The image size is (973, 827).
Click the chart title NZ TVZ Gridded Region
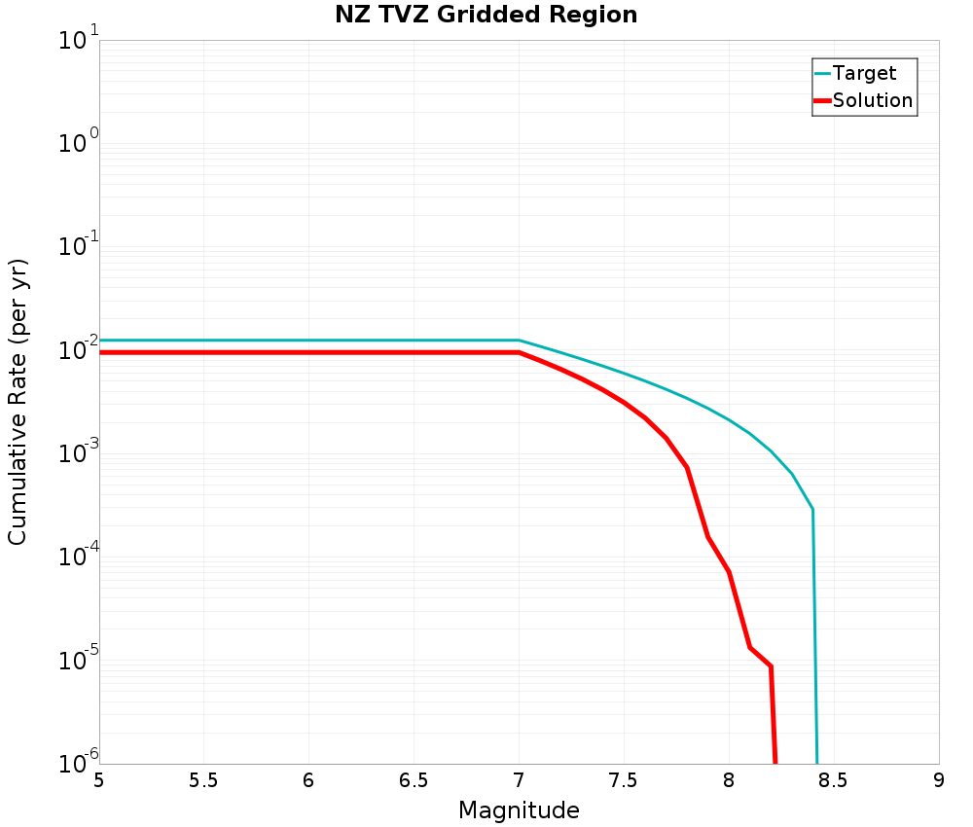point(486,16)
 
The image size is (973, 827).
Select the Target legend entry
point(864,73)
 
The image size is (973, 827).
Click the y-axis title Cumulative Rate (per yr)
point(18,402)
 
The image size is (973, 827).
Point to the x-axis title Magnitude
point(519,810)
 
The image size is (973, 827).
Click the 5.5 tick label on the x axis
point(203,780)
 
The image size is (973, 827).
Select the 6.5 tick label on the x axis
point(414,780)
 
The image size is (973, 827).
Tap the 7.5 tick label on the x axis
point(624,780)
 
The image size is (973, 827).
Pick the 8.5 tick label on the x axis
point(834,780)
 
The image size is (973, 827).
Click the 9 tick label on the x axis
point(939,780)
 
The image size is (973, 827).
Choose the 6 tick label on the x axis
point(308,780)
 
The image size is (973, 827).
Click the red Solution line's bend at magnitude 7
point(519,352)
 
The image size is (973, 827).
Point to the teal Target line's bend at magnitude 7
point(519,341)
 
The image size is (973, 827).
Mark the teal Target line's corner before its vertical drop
point(812,509)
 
